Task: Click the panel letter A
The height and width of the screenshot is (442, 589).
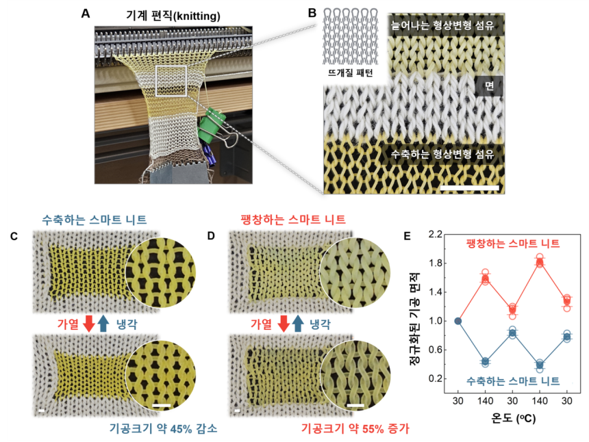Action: coord(86,14)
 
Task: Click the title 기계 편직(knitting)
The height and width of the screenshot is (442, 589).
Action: coord(173,16)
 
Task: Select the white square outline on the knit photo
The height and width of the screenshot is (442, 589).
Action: coord(171,81)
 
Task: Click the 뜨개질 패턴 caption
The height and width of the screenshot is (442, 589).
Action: coord(350,73)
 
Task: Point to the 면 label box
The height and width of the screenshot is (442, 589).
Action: coord(489,86)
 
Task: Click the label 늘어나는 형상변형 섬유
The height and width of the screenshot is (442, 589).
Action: coord(442,25)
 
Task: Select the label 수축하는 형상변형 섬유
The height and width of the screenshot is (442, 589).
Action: coord(442,154)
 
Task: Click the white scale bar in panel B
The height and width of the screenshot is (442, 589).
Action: coord(469,187)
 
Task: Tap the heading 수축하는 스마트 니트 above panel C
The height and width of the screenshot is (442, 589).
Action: coord(95,220)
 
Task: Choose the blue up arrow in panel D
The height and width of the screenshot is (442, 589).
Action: coord(298,324)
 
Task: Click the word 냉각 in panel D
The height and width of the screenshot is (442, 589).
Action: coord(320,324)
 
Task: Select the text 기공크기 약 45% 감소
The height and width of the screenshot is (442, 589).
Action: coord(164,428)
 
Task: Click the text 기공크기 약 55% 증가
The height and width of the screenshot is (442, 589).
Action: coord(355,428)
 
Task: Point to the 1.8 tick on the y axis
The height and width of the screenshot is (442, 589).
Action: coord(436,263)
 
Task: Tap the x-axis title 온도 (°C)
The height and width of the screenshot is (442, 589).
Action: coord(513,417)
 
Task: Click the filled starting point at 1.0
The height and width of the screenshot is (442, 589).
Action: coord(458,321)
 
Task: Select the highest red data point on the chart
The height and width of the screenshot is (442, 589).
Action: coord(540,257)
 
